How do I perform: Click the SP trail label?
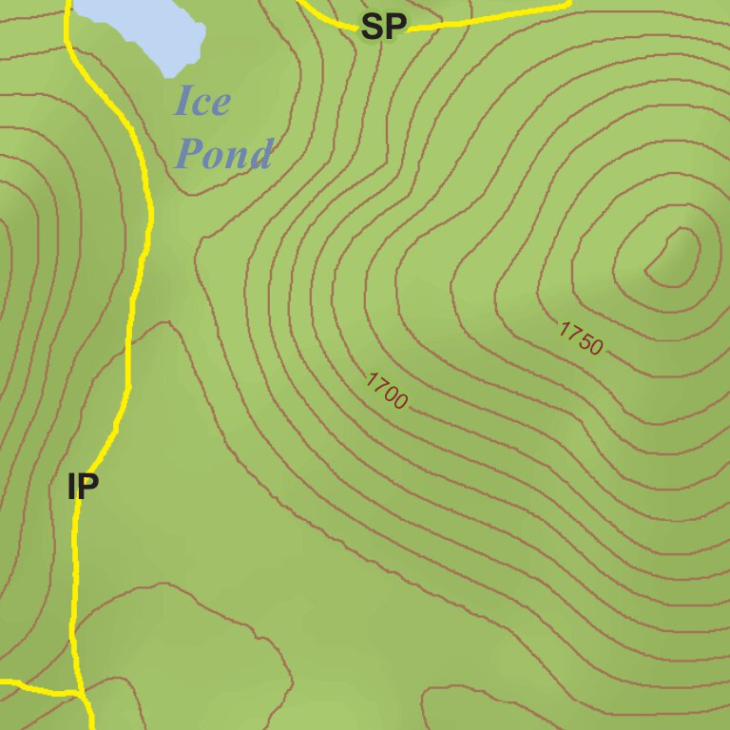(384, 27)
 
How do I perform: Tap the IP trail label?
(84, 487)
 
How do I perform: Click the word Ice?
(202, 101)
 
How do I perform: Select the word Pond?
(225, 152)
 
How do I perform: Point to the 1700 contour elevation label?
(387, 391)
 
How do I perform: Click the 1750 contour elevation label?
(581, 337)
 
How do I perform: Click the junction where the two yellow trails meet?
(80, 692)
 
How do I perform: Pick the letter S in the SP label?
(373, 27)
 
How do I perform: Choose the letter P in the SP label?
(395, 27)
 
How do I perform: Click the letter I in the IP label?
(71, 487)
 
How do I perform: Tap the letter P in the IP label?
(88, 487)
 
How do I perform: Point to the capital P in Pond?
(193, 152)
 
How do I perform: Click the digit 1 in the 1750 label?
(564, 328)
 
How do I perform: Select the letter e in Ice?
(221, 103)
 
